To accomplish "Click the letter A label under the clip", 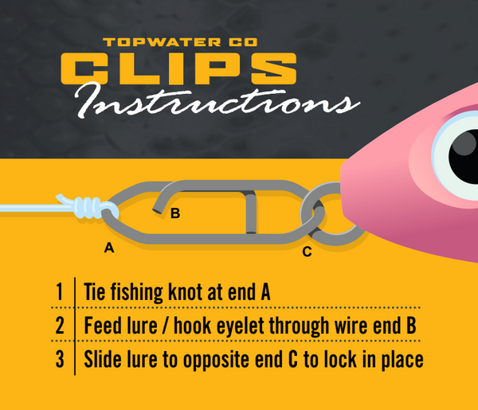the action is pos(109,248).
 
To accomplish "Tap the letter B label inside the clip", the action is pos(175,213).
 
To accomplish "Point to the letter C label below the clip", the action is pos(307,252).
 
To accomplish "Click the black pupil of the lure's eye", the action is pos(465,156).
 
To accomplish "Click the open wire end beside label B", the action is pos(157,210).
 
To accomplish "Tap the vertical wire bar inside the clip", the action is pos(251,213).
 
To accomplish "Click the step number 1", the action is pos(60,292).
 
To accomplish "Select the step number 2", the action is pos(60,326).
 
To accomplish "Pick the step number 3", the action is pos(60,359).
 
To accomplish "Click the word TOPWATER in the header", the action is pos(162,42).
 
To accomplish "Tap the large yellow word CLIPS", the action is pos(178,68).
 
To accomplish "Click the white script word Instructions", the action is pos(217,101).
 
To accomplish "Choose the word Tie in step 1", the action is pos(95,292).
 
